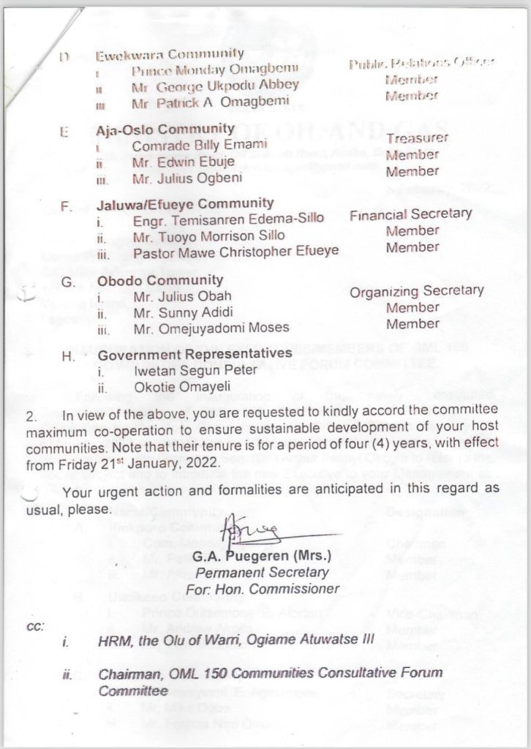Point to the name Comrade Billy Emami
click(200, 145)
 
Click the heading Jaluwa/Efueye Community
click(186, 203)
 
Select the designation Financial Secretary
click(410, 214)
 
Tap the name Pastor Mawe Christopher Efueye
click(236, 252)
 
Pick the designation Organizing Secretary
click(416, 291)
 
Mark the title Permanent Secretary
click(262, 573)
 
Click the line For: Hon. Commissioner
click(262, 589)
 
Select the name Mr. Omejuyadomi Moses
click(211, 328)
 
